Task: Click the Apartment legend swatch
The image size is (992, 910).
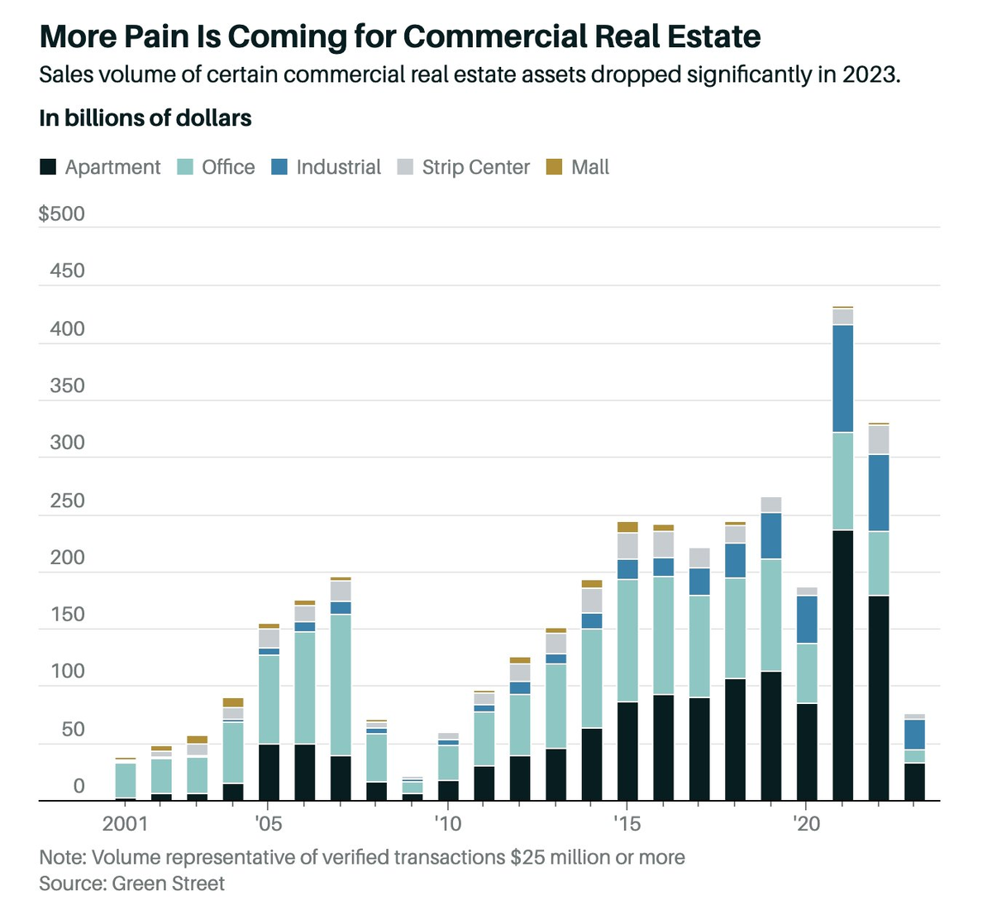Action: (48, 167)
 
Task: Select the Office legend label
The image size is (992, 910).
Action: (228, 167)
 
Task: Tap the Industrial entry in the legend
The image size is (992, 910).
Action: (338, 167)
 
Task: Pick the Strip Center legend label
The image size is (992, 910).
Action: (475, 167)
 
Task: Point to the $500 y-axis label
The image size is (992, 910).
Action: (62, 214)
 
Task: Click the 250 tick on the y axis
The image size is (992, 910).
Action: (67, 500)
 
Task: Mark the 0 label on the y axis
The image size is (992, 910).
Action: (79, 786)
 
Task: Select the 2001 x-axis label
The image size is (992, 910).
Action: (125, 824)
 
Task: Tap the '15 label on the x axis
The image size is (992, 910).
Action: (627, 824)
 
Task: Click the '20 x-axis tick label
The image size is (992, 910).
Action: (806, 824)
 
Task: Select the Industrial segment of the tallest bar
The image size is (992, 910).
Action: (842, 378)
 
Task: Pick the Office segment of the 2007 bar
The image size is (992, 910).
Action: (340, 685)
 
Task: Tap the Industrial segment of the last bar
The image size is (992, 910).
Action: (914, 735)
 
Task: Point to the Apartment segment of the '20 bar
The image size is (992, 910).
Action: (807, 752)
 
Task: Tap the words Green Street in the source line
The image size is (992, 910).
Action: (168, 884)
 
